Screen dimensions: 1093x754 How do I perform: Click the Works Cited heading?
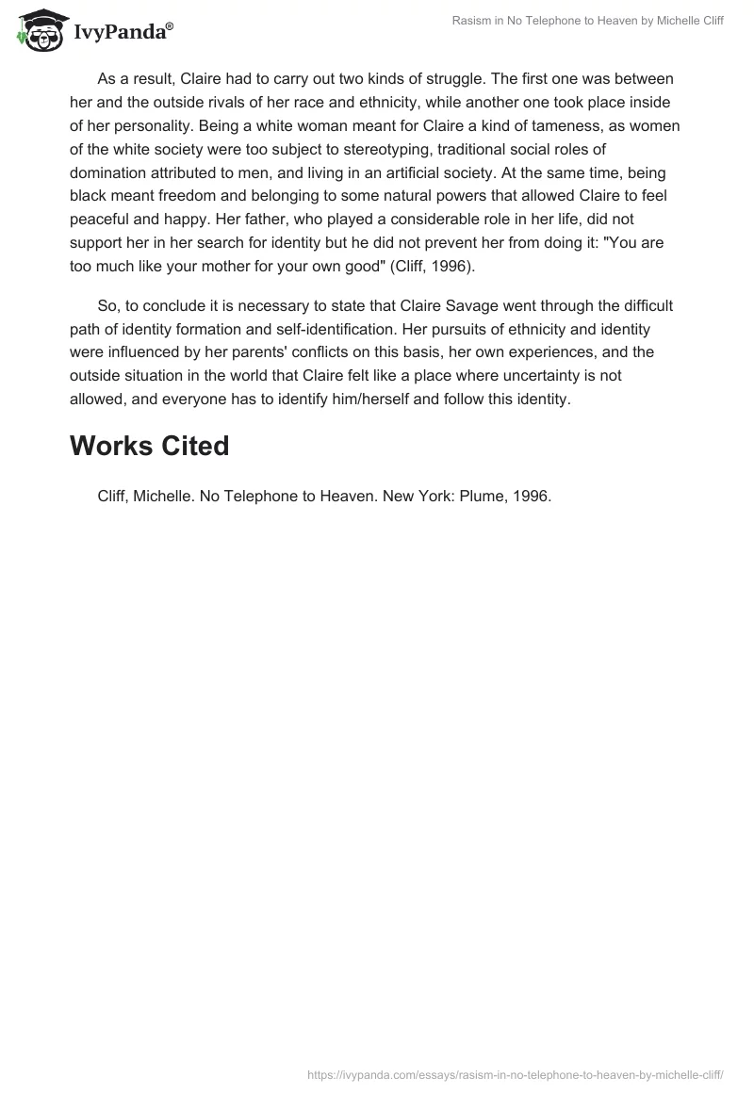pos(149,446)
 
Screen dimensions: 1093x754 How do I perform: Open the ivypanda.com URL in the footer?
pos(515,1074)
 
